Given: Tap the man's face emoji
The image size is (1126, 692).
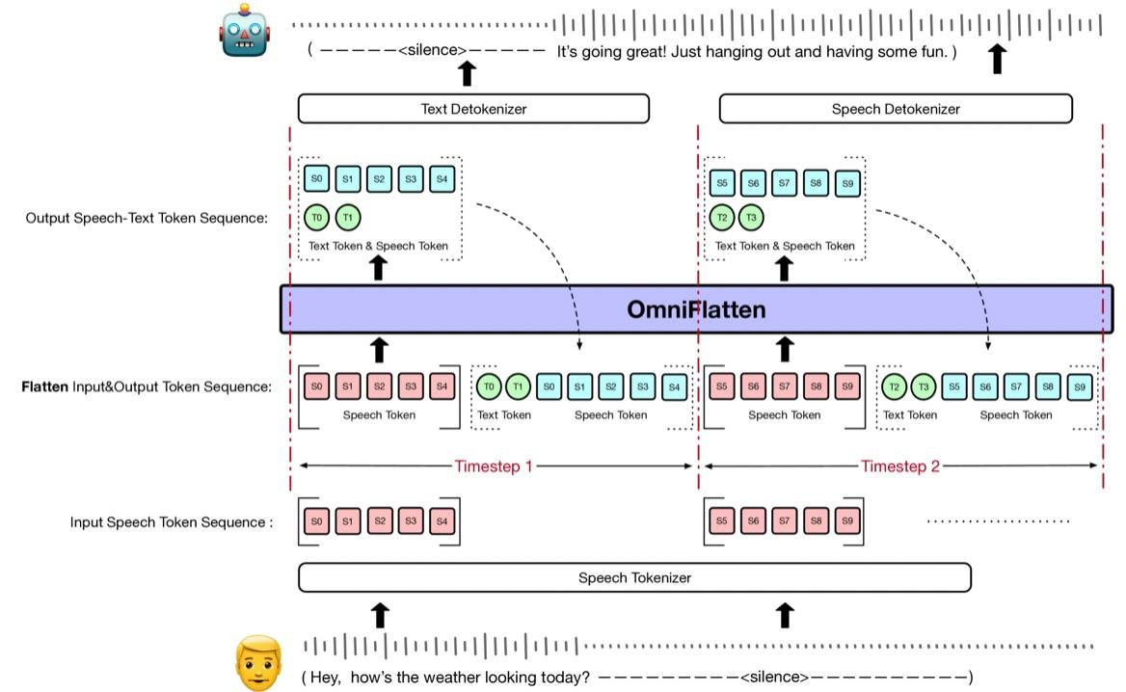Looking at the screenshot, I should pyautogui.click(x=257, y=662).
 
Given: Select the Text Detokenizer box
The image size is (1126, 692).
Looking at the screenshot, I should pyautogui.click(x=473, y=109).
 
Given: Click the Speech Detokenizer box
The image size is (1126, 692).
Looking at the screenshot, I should pyautogui.click(x=896, y=109).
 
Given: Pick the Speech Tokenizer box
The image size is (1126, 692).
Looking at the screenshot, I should pyautogui.click(x=634, y=578).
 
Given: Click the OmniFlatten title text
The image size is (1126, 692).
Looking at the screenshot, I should pyautogui.click(x=696, y=310).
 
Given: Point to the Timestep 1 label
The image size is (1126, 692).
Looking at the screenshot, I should pyautogui.click(x=494, y=466).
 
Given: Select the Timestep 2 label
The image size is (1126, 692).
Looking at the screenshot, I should pyautogui.click(x=900, y=466).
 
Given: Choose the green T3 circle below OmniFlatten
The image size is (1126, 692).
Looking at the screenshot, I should pyautogui.click(x=925, y=387).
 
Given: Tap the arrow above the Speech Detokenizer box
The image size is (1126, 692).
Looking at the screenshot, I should pyautogui.click(x=998, y=60).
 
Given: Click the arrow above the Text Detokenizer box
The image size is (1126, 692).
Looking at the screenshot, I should pyautogui.click(x=467, y=72).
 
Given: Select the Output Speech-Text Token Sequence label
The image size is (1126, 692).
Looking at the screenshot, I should pyautogui.click(x=147, y=218).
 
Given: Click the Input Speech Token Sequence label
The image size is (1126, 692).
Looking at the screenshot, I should pyautogui.click(x=172, y=522).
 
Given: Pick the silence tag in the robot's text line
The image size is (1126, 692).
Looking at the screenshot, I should pyautogui.click(x=432, y=52).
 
